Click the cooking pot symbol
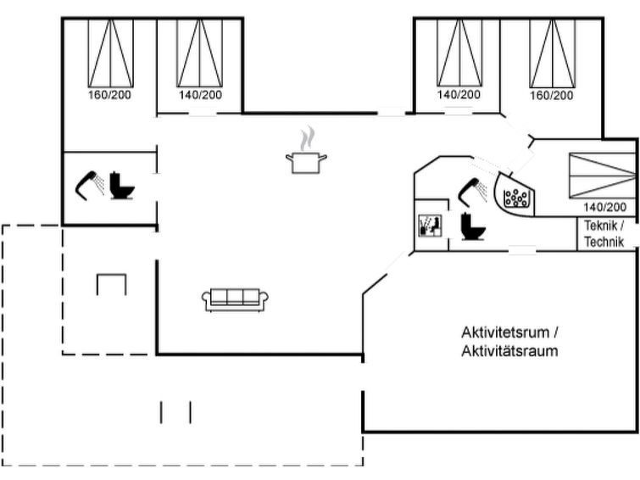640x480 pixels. (x=306, y=163)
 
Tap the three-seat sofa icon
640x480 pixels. (x=235, y=300)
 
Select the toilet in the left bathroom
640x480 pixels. (x=121, y=186)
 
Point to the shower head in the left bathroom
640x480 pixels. (x=89, y=185)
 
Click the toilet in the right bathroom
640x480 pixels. (x=473, y=226)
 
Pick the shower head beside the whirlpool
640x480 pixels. (x=472, y=192)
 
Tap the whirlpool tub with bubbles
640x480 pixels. (x=515, y=195)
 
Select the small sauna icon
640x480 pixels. (x=431, y=226)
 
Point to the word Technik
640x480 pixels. (x=604, y=242)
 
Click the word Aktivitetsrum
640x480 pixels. (x=505, y=332)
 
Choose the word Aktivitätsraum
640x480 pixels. (x=509, y=351)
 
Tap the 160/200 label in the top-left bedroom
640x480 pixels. (x=110, y=95)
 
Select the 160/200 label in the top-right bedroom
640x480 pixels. (x=552, y=96)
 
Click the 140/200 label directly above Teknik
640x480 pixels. (x=605, y=207)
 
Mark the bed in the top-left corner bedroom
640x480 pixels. (x=110, y=53)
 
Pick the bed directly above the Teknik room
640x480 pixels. (x=603, y=176)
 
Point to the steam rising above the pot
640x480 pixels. (x=308, y=138)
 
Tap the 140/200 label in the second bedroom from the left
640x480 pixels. (x=200, y=95)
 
